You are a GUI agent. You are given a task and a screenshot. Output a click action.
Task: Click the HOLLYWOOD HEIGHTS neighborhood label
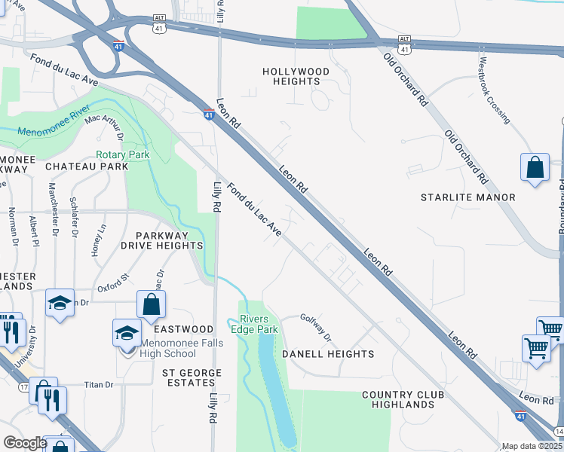[x=296, y=76]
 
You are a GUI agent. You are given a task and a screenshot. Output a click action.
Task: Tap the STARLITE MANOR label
[x=467, y=197]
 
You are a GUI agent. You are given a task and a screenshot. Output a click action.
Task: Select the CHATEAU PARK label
[x=87, y=166]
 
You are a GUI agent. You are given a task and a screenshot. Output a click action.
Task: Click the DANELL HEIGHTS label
[x=328, y=353]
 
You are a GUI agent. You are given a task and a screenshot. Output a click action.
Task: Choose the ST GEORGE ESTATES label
[x=192, y=378]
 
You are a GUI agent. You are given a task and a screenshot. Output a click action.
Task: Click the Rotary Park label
[x=122, y=154]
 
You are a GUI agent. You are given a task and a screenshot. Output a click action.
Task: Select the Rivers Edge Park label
[x=259, y=324]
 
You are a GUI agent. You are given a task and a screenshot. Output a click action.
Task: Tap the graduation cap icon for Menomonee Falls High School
[x=127, y=332]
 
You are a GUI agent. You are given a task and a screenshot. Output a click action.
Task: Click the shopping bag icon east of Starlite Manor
[x=535, y=167]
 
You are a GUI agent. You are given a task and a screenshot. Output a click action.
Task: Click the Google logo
[x=25, y=443]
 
